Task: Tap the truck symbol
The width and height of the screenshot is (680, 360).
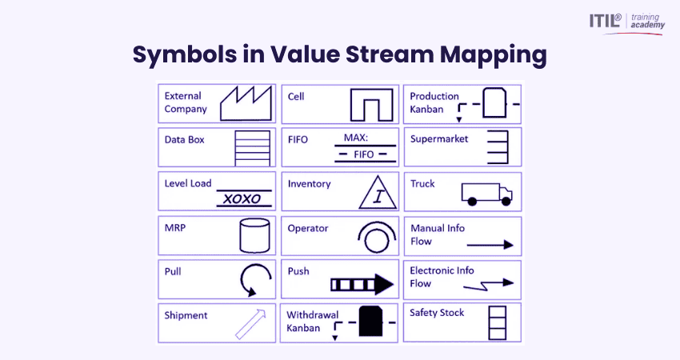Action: coord(486,193)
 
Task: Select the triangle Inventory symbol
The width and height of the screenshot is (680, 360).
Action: coord(375,192)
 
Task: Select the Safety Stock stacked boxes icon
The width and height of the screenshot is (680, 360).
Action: coord(498,322)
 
